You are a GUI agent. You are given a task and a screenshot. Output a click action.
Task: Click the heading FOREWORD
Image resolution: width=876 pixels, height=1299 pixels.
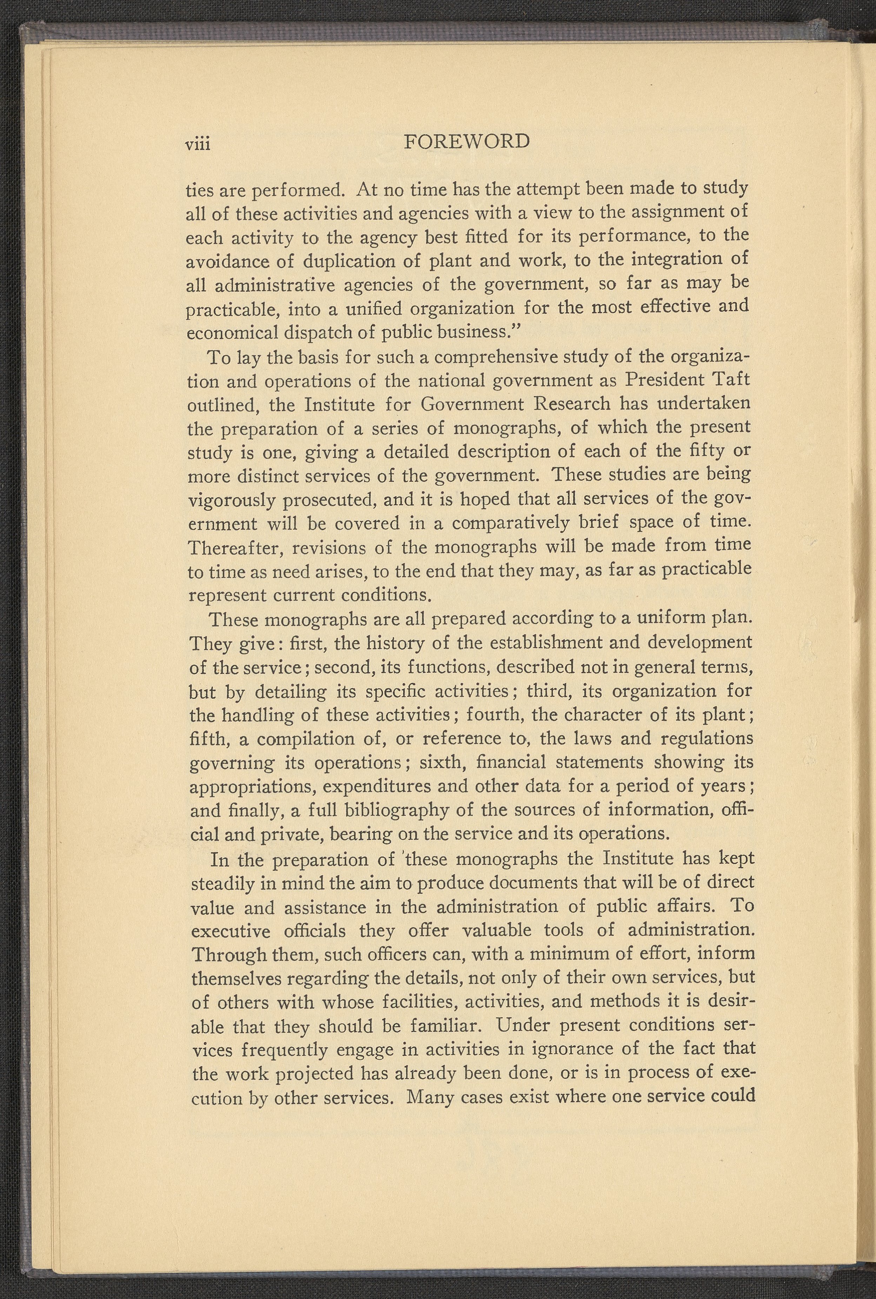point(466,141)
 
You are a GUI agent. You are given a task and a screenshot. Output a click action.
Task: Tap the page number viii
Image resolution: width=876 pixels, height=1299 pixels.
point(198,144)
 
